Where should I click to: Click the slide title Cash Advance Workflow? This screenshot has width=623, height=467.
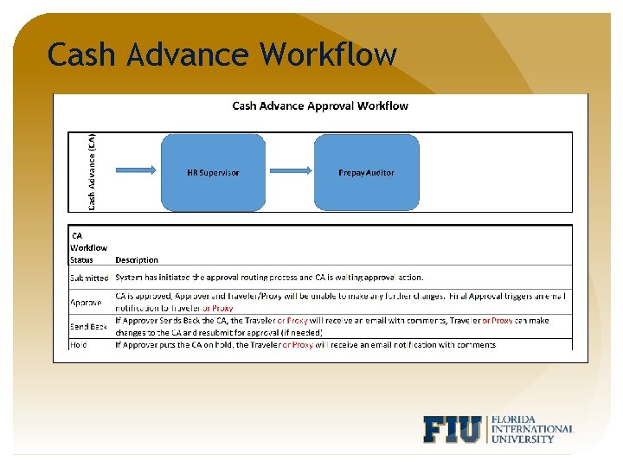[222, 54]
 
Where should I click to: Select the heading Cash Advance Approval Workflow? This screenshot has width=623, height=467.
[320, 106]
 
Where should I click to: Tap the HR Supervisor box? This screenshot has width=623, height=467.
[213, 173]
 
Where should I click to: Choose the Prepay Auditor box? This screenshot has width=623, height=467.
[366, 173]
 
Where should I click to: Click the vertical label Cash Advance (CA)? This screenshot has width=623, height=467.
[92, 170]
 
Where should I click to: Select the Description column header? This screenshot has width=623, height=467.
[137, 259]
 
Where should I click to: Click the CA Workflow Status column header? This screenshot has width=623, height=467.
[88, 247]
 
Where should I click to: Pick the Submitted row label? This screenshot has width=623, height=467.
[89, 278]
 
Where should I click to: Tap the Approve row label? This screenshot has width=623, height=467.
[86, 303]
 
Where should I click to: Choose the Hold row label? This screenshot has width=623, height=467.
[80, 344]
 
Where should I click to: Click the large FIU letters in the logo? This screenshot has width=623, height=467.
[453, 430]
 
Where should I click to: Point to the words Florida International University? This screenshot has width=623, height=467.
[531, 428]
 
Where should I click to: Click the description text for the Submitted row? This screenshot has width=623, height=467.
[269, 278]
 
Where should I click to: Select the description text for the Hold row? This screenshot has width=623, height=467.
[305, 344]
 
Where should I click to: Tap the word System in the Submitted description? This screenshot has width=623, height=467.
[130, 278]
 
